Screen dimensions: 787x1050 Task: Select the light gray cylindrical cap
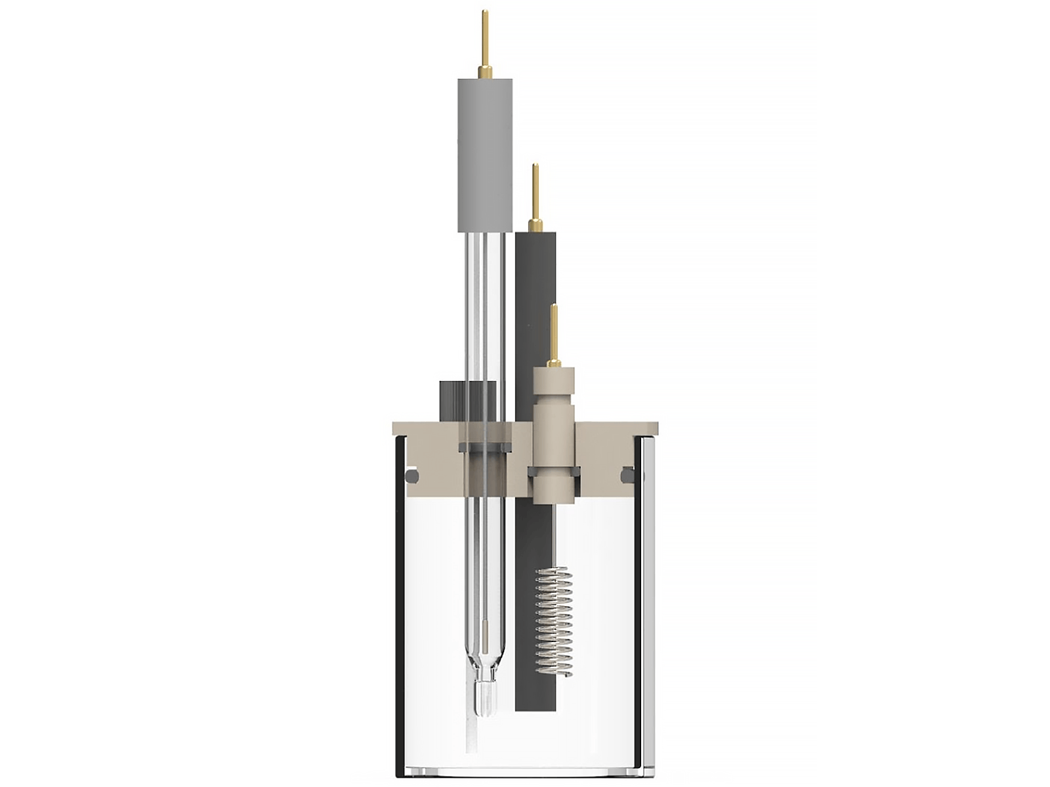(484, 154)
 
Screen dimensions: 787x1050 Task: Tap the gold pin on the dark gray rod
(535, 197)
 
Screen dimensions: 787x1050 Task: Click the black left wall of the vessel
(399, 610)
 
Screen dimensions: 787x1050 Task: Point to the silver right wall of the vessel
(648, 610)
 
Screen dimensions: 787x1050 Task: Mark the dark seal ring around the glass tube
(484, 447)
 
